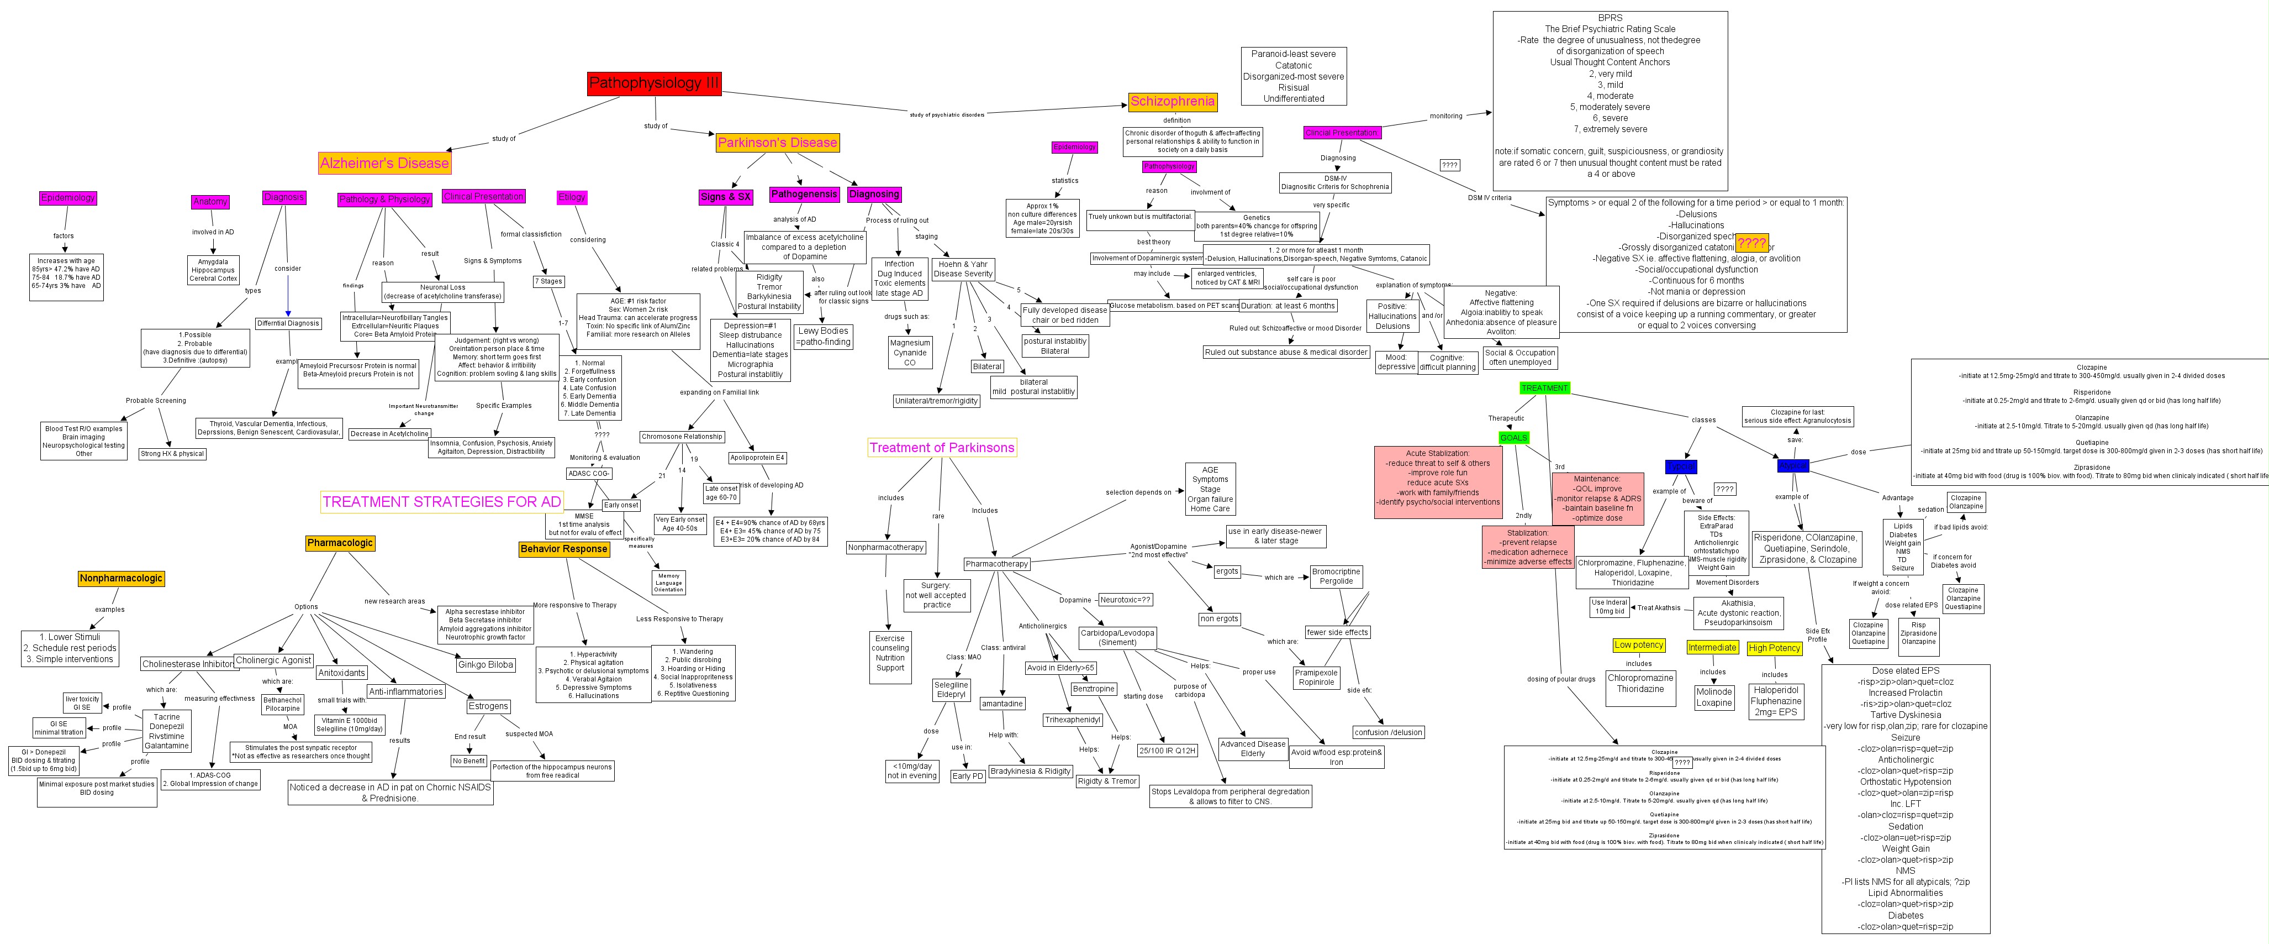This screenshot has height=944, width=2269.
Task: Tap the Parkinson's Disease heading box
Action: point(777,143)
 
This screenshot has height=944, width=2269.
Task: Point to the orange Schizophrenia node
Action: point(1173,101)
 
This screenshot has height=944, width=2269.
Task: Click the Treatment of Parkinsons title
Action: point(942,448)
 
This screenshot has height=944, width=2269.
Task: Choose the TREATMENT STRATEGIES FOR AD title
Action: point(441,501)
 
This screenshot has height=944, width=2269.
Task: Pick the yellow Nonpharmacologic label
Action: point(122,578)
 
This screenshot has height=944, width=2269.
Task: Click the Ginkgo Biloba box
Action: point(486,664)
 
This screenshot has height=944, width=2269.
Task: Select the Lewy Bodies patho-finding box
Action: point(822,337)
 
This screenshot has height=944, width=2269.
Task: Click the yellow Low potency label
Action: point(1638,645)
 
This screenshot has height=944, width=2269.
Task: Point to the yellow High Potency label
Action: point(1774,648)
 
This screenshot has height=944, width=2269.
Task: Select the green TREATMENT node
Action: point(1544,388)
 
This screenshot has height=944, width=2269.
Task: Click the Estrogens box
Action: point(488,706)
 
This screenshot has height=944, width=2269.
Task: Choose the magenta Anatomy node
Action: point(210,201)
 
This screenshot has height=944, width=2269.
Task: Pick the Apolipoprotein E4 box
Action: point(757,458)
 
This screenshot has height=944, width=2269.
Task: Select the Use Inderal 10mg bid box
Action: point(1610,606)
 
